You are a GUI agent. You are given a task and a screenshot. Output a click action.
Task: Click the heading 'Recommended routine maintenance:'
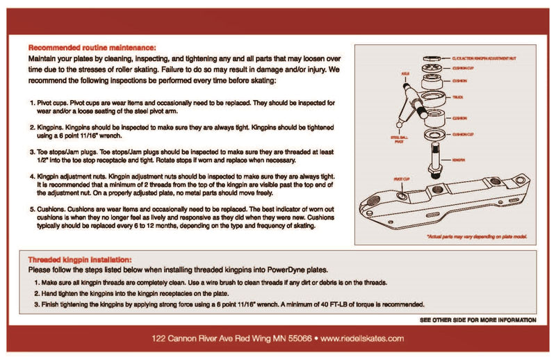[x=92, y=48]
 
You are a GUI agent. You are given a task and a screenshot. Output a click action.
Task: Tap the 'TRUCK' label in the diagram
[x=457, y=98]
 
